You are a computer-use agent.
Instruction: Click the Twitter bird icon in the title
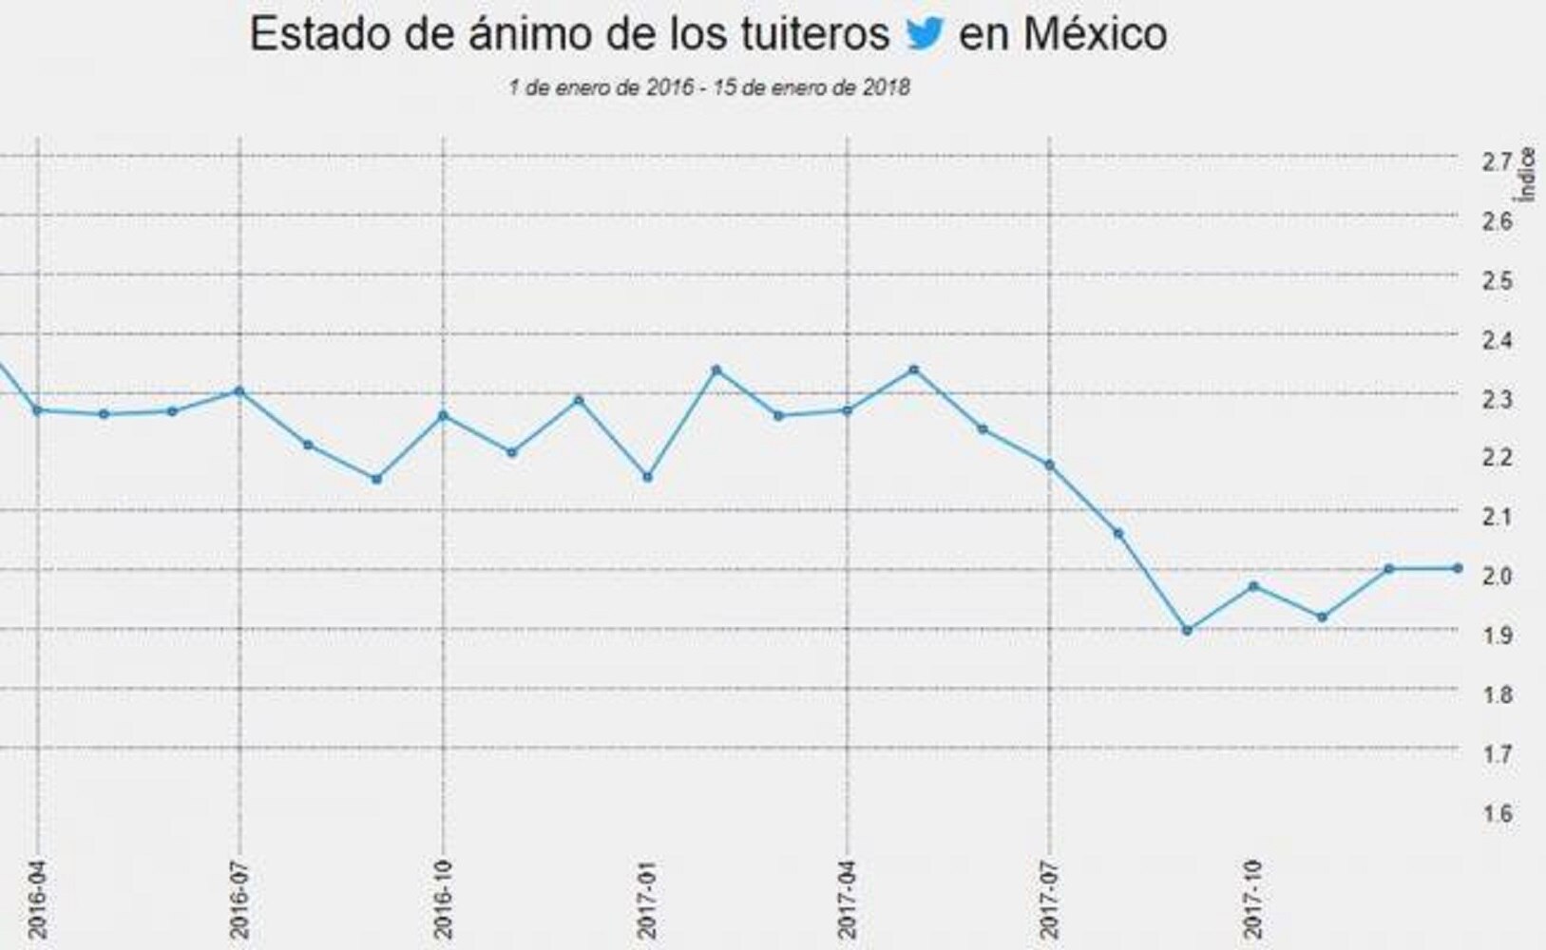pyautogui.click(x=925, y=33)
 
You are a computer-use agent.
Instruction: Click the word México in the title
pyautogui.click(x=1095, y=34)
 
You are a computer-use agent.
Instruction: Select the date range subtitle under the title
pyautogui.click(x=709, y=87)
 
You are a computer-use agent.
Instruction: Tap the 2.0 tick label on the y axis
pyautogui.click(x=1498, y=576)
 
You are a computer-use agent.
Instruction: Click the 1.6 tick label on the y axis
pyautogui.click(x=1498, y=813)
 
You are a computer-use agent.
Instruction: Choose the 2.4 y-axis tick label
pyautogui.click(x=1498, y=339)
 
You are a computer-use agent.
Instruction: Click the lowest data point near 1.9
pyautogui.click(x=1187, y=630)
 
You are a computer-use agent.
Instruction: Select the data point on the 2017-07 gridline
pyautogui.click(x=1050, y=465)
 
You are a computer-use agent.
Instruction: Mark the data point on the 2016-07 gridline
pyautogui.click(x=239, y=391)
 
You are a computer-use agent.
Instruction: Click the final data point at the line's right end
pyautogui.click(x=1458, y=568)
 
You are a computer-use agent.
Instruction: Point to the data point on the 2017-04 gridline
pyautogui.click(x=848, y=410)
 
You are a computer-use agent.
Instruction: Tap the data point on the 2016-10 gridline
pyautogui.click(x=444, y=415)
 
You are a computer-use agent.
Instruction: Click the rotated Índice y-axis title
pyautogui.click(x=1529, y=174)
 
